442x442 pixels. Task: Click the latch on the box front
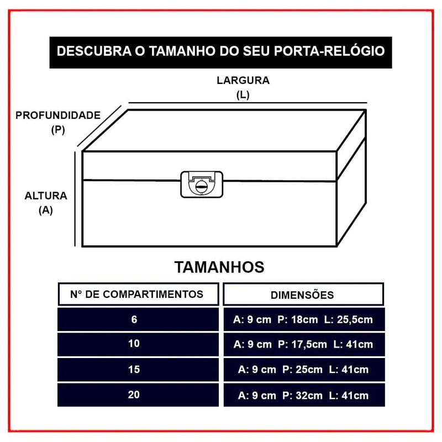coord(202,185)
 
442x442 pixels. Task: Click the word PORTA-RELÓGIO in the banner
coord(329,51)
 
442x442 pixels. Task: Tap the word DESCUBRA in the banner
coord(94,51)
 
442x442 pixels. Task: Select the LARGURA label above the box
coord(243,80)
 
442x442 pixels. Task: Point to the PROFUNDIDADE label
coord(58,115)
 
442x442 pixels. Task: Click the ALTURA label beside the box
coord(46,196)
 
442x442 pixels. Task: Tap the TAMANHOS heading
coord(219,267)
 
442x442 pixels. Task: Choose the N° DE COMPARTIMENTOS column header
coord(136,294)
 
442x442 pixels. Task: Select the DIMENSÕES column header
coord(302,295)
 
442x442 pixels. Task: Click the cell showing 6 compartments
coord(138,319)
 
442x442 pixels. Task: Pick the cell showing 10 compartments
coord(138,344)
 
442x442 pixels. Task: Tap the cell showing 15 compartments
coord(138,370)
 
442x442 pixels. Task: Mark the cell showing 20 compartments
coord(138,394)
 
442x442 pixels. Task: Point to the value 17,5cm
coord(309,344)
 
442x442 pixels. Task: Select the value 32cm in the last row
coord(309,396)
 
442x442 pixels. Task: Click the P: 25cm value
coord(302,370)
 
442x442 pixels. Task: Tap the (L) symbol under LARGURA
coord(243,95)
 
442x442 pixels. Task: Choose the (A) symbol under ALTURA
coord(46,211)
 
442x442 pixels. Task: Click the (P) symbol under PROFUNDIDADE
coord(58,130)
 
